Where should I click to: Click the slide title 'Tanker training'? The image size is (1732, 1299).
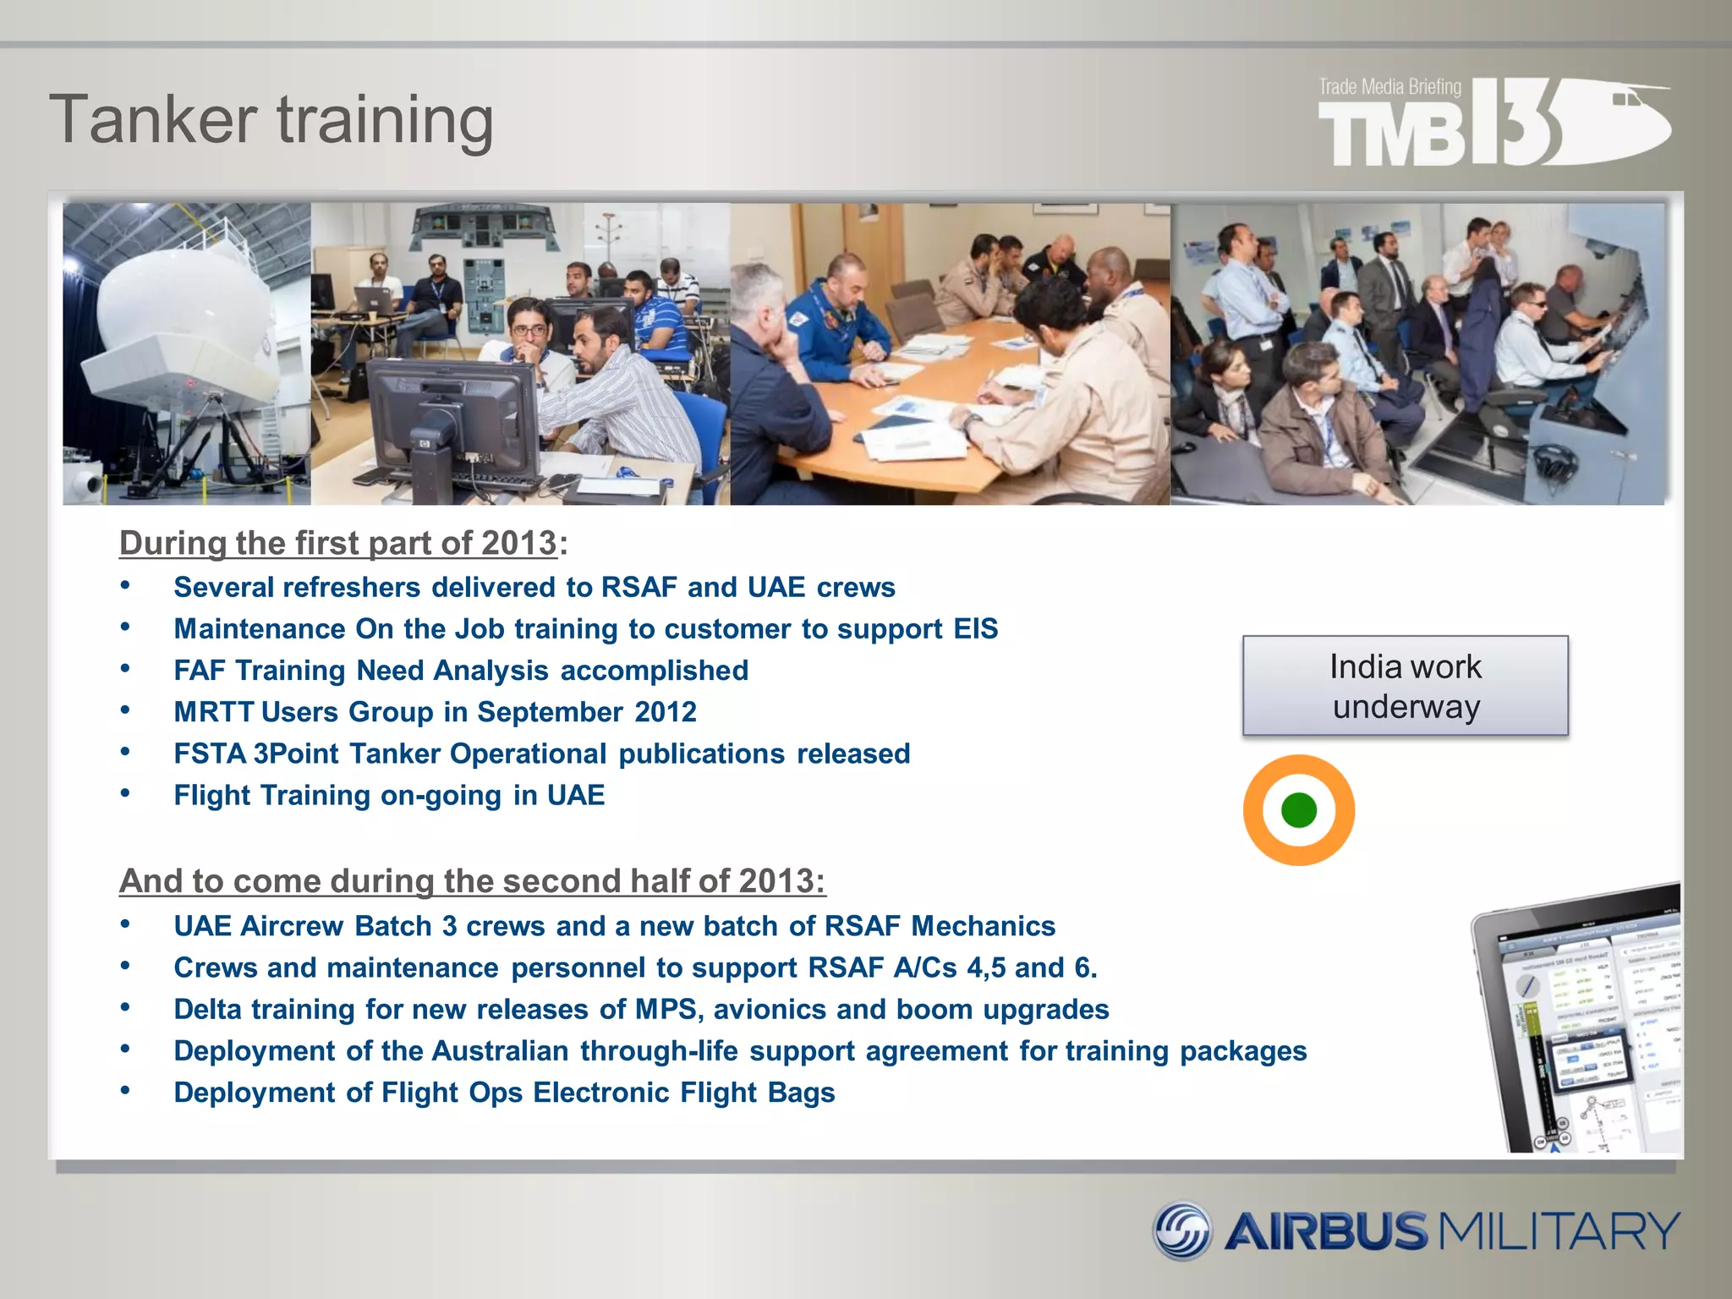[271, 120]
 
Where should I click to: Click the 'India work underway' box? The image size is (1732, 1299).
[1405, 686]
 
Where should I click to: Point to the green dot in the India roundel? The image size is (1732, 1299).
[1299, 810]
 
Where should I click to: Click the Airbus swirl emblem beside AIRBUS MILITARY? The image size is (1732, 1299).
[1182, 1230]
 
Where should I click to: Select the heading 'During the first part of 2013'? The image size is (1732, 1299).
[338, 543]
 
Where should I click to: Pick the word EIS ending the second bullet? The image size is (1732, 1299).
[975, 628]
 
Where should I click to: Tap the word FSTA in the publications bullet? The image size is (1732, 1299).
[210, 754]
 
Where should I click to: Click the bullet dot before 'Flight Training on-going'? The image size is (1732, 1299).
[125, 793]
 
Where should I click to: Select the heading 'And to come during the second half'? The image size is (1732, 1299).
[472, 881]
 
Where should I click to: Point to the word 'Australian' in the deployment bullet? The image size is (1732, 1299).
[500, 1051]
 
